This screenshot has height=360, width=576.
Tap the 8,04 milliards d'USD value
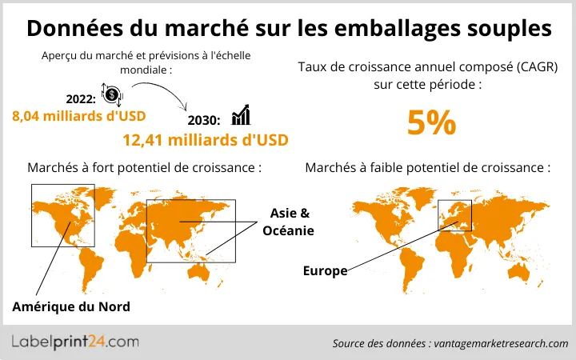point(78,115)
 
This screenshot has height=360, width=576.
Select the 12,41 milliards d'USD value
point(205,140)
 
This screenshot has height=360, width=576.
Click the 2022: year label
point(79,98)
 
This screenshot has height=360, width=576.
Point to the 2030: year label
point(205,120)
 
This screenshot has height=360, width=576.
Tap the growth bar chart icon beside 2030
point(240,118)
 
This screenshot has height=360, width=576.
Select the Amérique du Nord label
point(71,307)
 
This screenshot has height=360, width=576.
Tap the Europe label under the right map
point(325,271)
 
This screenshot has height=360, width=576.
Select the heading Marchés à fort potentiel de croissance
point(145,168)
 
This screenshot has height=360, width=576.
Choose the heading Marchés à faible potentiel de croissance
point(428,168)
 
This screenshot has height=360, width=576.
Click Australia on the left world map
point(214,270)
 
